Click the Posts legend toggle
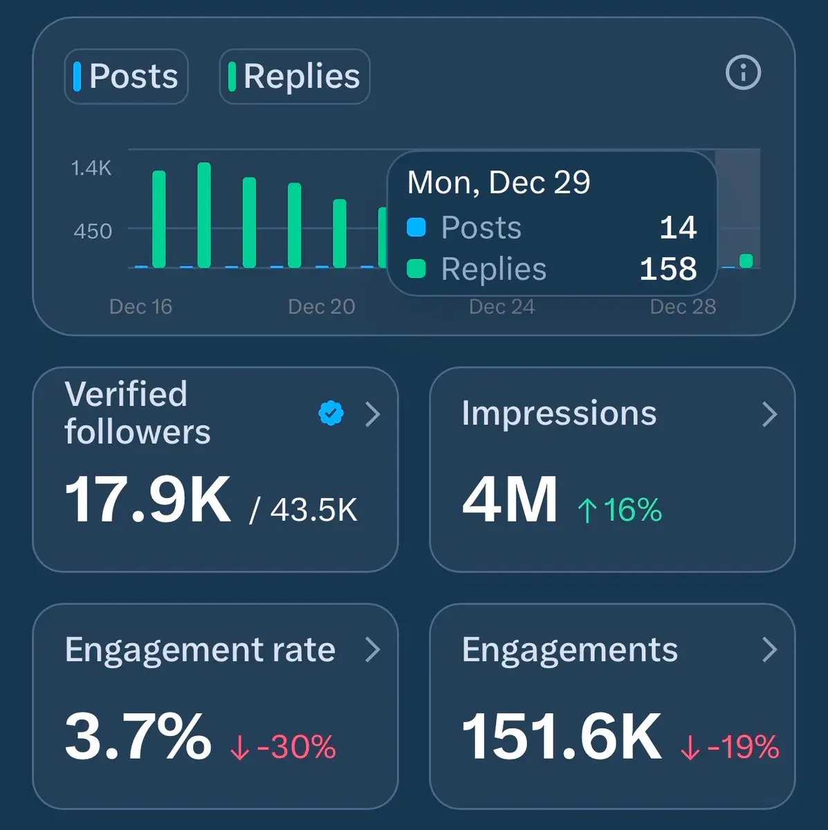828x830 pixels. tap(127, 76)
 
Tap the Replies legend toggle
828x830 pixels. tap(295, 76)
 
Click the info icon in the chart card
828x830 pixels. tap(743, 73)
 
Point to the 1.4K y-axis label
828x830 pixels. tap(91, 168)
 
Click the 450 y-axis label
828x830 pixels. tap(93, 231)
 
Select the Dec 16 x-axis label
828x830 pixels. tap(140, 306)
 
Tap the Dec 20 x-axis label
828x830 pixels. tap(322, 306)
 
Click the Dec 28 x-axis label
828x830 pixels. tap(683, 306)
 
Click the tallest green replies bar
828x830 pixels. tap(204, 215)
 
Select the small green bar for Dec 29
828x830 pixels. tap(746, 261)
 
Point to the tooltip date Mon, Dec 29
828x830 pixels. tap(499, 183)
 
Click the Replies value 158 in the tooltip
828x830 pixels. tap(668, 269)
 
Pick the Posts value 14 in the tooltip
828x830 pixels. tap(678, 228)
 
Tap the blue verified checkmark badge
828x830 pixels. tap(331, 413)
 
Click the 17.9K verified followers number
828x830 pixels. tap(147, 499)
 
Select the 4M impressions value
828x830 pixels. tap(510, 499)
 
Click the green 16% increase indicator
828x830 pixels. tap(620, 510)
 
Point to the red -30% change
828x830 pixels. tap(284, 747)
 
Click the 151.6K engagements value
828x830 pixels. tap(561, 737)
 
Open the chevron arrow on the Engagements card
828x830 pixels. tap(769, 649)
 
